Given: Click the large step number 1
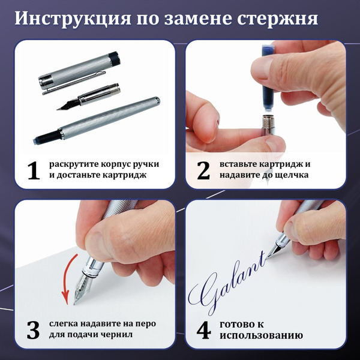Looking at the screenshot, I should pos(33,170).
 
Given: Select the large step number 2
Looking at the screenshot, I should pos(203,170).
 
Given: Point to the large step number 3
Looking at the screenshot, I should pos(33,329).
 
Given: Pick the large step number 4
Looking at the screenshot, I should pos(203,329).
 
